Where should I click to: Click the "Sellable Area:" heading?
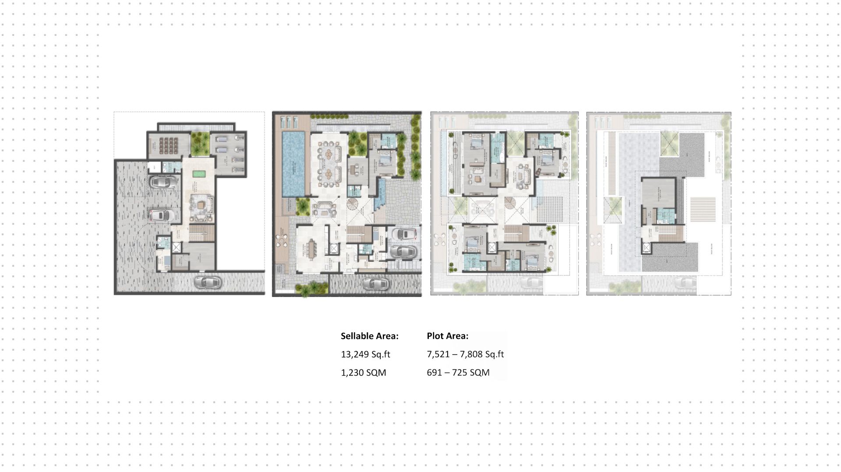tap(369, 336)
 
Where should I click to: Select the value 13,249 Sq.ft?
tap(365, 354)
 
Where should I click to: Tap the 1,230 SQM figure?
tap(363, 373)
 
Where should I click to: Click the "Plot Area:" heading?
tap(447, 336)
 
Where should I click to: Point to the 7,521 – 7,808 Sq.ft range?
tap(465, 354)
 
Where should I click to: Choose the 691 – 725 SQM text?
tap(458, 373)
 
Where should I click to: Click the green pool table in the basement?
tap(199, 174)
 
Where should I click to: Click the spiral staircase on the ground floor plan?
tap(353, 204)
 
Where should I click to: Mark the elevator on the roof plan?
tap(647, 248)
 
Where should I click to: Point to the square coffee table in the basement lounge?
tap(201, 204)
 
